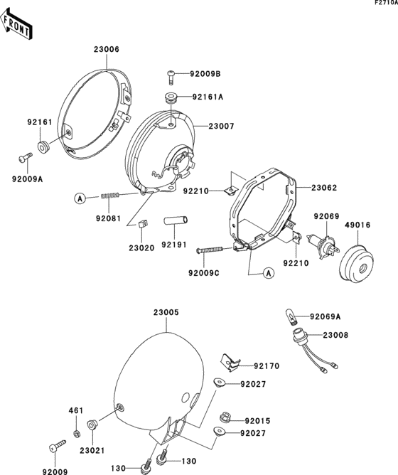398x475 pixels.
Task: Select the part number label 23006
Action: point(106,49)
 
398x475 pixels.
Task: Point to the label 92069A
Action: point(326,316)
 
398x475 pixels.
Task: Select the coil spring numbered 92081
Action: point(108,195)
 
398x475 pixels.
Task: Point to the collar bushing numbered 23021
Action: point(91,426)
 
